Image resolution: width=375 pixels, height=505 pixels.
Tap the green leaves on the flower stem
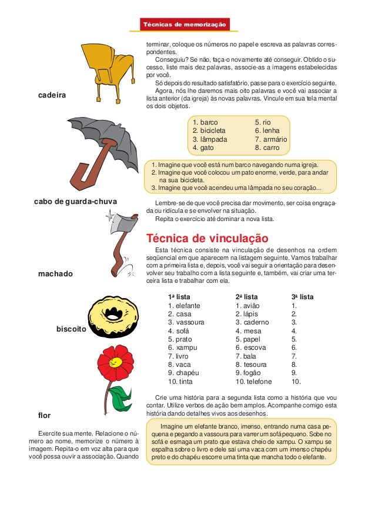[x=121, y=399]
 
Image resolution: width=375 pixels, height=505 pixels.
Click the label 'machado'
[x=54, y=273]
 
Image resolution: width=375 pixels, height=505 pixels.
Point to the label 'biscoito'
[x=71, y=330]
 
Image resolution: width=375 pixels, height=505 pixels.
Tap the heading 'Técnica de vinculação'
[x=207, y=239]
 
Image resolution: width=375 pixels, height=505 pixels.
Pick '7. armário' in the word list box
[x=270, y=140]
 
